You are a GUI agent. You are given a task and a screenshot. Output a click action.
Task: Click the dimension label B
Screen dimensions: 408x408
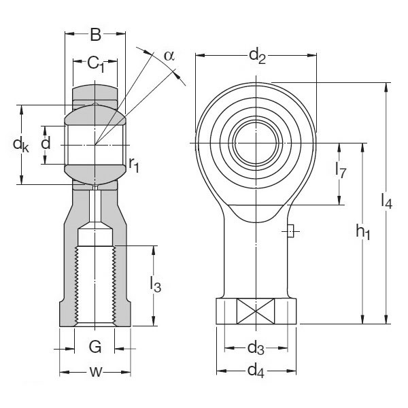pyautogui.click(x=96, y=35)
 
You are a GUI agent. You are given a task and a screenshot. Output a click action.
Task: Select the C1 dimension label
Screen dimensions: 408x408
pyautogui.click(x=96, y=65)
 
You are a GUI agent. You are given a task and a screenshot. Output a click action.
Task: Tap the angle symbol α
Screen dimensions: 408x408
pyautogui.click(x=169, y=56)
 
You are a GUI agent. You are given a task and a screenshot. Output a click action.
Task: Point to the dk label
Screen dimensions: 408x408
pyautogui.click(x=21, y=144)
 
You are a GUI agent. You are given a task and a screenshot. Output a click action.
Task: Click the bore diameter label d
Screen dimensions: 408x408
pyautogui.click(x=46, y=143)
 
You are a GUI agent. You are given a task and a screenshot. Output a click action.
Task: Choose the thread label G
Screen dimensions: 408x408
pyautogui.click(x=95, y=348)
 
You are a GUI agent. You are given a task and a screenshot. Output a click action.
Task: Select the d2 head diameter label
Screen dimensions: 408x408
pyautogui.click(x=256, y=56)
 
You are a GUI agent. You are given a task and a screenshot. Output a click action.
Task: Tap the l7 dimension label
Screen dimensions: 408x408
pyautogui.click(x=341, y=171)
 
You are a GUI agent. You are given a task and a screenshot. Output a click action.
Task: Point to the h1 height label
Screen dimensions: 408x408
pyautogui.click(x=362, y=233)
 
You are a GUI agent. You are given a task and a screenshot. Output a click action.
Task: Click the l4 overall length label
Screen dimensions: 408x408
pyautogui.click(x=387, y=201)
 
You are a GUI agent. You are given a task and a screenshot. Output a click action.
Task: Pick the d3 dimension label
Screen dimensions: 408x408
pyautogui.click(x=255, y=349)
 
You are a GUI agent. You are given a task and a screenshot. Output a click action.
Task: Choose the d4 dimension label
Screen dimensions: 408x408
pyautogui.click(x=255, y=371)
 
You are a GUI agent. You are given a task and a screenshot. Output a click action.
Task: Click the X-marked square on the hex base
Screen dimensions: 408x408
pyautogui.click(x=255, y=313)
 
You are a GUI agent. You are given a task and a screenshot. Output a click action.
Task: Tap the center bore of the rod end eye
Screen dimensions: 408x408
pyautogui.click(x=256, y=143)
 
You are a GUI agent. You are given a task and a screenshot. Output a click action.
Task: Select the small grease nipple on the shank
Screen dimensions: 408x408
pyautogui.click(x=290, y=233)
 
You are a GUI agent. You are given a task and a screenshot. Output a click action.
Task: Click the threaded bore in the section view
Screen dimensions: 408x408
pyautogui.click(x=95, y=286)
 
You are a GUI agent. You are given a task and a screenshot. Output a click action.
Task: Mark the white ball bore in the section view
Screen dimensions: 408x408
pyautogui.click(x=95, y=143)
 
